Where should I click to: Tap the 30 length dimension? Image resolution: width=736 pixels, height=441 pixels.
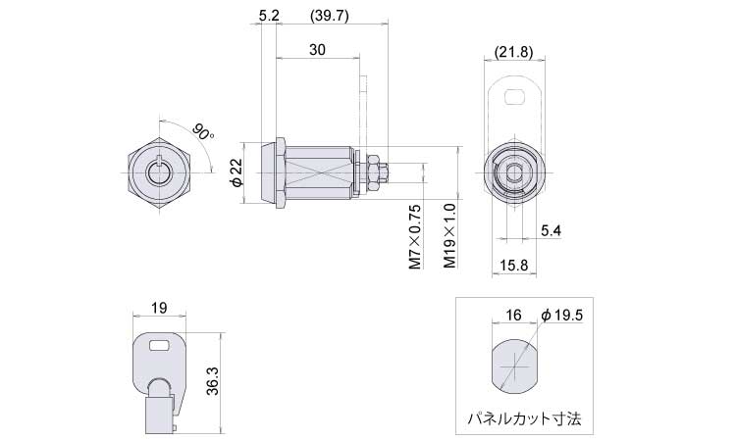[x=318, y=51]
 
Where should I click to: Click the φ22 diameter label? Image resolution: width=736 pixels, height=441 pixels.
[x=236, y=172]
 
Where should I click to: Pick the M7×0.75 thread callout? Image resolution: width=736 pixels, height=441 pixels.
[x=414, y=236]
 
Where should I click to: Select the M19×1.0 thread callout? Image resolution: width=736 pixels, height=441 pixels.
[x=448, y=236]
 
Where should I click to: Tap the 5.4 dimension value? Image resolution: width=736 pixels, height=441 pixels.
[x=552, y=230]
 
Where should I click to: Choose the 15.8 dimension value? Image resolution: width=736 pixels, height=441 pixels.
[x=514, y=265]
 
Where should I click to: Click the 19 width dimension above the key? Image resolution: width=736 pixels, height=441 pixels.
[x=160, y=308]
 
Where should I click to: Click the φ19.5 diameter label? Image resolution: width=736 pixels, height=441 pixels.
[x=563, y=315]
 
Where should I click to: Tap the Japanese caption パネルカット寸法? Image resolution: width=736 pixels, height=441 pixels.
[x=525, y=418]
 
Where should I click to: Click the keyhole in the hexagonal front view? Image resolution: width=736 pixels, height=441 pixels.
[x=160, y=172]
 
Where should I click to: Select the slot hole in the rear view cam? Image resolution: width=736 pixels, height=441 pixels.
[x=514, y=96]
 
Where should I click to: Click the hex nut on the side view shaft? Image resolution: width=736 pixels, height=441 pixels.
[x=374, y=172]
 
